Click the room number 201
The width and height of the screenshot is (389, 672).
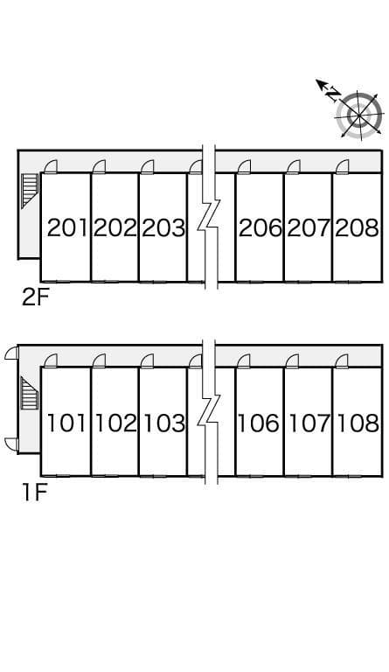67,227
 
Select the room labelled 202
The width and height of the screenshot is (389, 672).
115,227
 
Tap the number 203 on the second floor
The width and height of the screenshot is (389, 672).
163,227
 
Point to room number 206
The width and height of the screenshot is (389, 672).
260,227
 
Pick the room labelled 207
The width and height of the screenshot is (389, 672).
309,227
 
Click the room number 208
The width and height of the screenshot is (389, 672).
357,227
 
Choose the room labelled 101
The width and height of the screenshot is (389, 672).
66,423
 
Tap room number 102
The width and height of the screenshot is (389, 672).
115,423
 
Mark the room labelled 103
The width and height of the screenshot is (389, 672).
163,423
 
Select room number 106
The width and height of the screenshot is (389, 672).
258,423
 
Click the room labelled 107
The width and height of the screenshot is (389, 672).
309,423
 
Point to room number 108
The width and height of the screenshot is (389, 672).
358,423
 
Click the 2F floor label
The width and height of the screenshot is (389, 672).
36,297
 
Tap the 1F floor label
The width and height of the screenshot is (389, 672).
34,492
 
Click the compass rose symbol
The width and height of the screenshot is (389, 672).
358,115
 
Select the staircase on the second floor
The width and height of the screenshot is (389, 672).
30,191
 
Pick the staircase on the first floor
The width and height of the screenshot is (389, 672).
30,393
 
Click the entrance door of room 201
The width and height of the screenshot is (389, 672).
51,166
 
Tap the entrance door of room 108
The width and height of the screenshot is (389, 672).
342,360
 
